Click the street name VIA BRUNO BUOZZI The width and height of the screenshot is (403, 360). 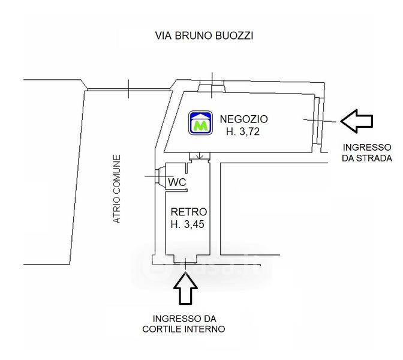pyautogui.click(x=204, y=35)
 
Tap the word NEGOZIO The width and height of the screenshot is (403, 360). pyautogui.click(x=243, y=119)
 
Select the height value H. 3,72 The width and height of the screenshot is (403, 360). pyautogui.click(x=243, y=131)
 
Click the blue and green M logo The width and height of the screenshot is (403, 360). pyautogui.click(x=200, y=122)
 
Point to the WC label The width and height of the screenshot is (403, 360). pyautogui.click(x=177, y=182)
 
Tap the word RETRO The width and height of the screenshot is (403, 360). pyautogui.click(x=189, y=212)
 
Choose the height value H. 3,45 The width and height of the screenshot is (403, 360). pyautogui.click(x=187, y=224)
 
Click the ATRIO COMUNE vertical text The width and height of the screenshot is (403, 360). pyautogui.click(x=117, y=189)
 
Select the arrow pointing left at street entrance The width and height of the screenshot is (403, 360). pyautogui.click(x=357, y=121)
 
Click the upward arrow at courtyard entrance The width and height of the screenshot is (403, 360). pyautogui.click(x=185, y=289)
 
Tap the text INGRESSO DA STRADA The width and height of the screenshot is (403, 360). pyautogui.click(x=367, y=153)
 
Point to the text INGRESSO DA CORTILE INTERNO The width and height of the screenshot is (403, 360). pyautogui.click(x=184, y=324)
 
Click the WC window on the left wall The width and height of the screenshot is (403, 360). pyautogui.click(x=160, y=176)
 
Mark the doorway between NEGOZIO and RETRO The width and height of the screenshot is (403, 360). pyautogui.click(x=200, y=157)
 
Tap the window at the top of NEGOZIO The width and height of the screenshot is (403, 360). pyautogui.click(x=212, y=86)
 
